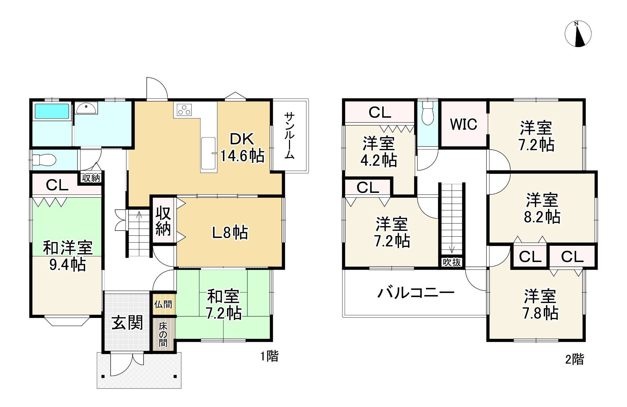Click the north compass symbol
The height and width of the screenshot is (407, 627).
[x=578, y=34]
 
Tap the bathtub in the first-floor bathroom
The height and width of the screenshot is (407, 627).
[x=52, y=111]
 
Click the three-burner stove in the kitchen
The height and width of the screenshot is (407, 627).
[x=184, y=109]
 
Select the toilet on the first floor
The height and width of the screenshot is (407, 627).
[x=45, y=159]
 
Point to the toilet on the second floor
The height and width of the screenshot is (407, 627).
[x=428, y=113]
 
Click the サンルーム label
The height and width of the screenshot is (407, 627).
[x=289, y=135]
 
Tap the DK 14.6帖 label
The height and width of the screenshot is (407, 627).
[x=242, y=148]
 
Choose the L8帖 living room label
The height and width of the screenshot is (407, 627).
[x=230, y=232]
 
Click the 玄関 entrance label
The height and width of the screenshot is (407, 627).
[x=127, y=323]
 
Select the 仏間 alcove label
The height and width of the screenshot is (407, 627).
[x=163, y=304]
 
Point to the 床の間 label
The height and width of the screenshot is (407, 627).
[x=163, y=334]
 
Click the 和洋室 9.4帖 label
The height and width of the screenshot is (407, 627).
[x=68, y=256]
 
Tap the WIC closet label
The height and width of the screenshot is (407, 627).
[x=463, y=124]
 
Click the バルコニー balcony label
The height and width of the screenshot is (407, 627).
[x=416, y=293]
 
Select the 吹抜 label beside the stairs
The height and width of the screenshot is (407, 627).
[x=452, y=262]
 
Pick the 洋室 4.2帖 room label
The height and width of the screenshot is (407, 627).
[x=379, y=152]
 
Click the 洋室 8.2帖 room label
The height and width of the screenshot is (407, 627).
[x=542, y=208]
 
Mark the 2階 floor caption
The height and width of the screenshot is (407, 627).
[x=574, y=359]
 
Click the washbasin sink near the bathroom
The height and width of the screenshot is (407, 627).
[x=86, y=109]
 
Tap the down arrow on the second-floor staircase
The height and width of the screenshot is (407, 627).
[x=452, y=249]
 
